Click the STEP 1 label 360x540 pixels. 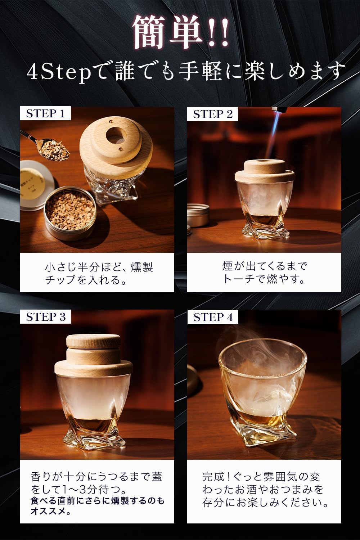(45, 113)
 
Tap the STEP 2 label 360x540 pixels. (213, 114)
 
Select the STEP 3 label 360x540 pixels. (46, 317)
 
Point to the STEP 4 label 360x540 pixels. (213, 317)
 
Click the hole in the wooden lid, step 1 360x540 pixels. (117, 137)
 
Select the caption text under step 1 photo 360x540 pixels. (99, 274)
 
